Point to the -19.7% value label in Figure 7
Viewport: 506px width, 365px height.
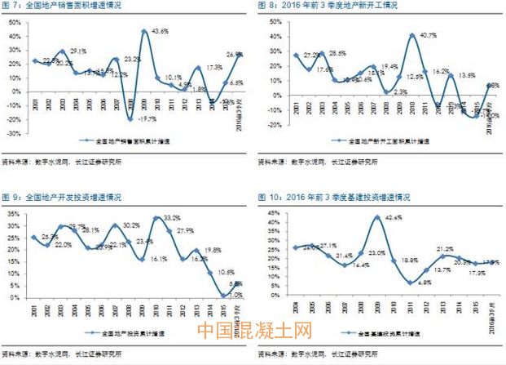(147, 118)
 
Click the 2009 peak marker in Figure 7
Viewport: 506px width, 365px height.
(143, 31)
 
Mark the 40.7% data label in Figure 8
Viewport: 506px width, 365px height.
(424, 35)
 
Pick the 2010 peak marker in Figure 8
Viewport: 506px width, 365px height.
(412, 35)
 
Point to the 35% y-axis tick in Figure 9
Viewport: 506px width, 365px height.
(15, 214)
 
